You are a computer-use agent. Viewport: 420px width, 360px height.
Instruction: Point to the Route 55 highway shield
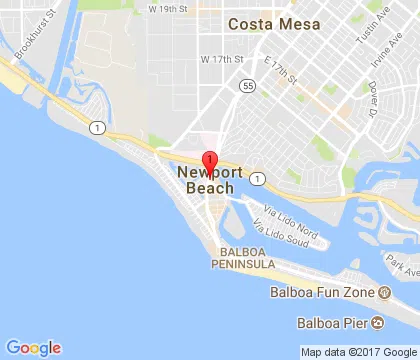(244, 87)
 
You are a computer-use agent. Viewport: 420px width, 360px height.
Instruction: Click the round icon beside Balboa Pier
(379, 322)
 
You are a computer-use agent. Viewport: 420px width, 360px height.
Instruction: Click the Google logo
(33, 347)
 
